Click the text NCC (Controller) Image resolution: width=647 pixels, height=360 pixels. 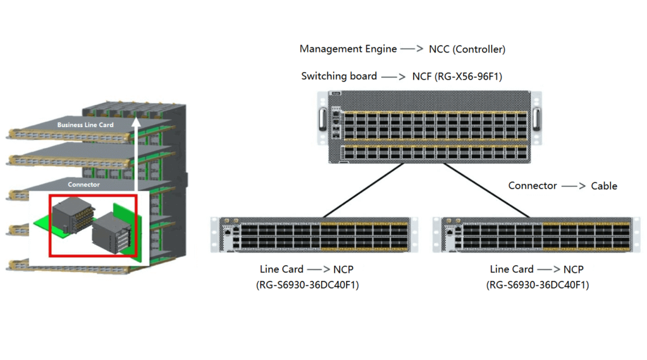coord(467,49)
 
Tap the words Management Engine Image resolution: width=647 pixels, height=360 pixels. coord(348,49)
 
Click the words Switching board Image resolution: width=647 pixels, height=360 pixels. coord(339,76)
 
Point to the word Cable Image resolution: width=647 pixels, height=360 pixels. coord(604,186)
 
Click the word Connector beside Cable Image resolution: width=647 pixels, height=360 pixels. coord(533,186)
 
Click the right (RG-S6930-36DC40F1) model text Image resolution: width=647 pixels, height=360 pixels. coord(538,285)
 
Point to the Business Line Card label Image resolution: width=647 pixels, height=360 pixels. coord(85,125)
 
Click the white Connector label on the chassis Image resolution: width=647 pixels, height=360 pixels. coord(83,184)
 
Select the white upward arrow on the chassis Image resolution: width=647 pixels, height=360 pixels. coord(135,152)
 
